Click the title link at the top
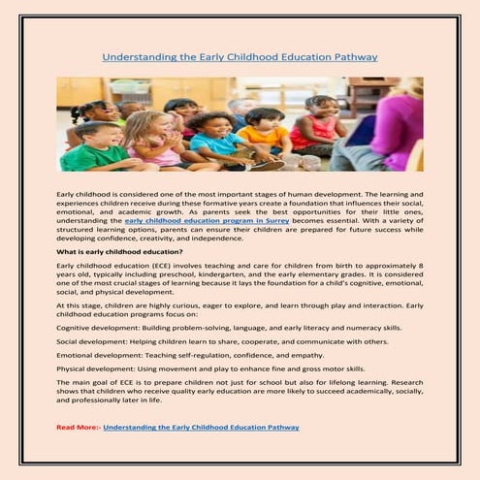240,57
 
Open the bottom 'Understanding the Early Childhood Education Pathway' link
201,427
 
